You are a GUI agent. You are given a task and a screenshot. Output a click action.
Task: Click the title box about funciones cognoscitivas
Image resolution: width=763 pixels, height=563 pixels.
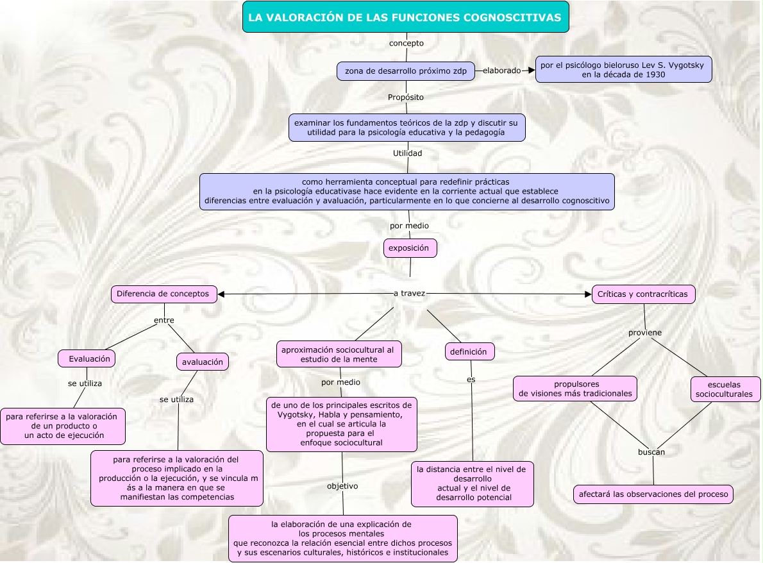[405, 17]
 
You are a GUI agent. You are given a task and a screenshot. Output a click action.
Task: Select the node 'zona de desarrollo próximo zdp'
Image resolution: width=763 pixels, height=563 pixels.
[405, 71]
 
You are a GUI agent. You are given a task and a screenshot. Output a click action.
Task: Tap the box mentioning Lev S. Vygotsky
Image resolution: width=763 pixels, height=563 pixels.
[623, 69]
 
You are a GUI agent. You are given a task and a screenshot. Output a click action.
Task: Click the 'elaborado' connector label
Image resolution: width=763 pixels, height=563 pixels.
[501, 71]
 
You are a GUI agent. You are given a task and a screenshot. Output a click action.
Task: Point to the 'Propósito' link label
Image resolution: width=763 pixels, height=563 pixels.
[405, 97]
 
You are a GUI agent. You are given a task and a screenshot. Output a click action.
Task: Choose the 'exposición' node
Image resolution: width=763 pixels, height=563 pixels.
[410, 248]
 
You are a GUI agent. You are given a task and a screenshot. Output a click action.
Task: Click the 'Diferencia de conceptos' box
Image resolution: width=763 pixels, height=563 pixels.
[163, 294]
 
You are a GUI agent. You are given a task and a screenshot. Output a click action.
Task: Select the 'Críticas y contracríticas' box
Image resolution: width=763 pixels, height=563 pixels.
[642, 294]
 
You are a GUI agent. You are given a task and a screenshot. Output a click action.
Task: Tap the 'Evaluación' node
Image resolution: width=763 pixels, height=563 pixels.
[87, 358]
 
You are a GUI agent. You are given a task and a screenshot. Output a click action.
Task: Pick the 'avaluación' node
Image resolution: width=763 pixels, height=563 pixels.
[203, 362]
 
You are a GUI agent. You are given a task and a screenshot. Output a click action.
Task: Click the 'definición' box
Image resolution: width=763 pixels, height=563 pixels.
[470, 351]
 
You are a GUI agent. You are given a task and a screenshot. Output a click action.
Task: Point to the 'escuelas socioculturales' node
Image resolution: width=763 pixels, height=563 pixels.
[725, 389]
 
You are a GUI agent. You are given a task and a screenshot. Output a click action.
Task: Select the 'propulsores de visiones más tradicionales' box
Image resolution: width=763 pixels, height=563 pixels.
[575, 389]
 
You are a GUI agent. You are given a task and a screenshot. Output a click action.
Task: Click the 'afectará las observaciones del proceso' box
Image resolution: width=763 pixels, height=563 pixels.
[653, 494]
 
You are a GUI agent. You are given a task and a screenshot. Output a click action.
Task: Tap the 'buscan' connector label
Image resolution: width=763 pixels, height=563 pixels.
[651, 452]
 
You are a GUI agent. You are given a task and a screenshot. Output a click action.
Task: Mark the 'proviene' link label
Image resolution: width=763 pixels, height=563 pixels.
[645, 333]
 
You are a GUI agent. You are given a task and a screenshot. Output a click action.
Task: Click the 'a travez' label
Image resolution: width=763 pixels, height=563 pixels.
[409, 293]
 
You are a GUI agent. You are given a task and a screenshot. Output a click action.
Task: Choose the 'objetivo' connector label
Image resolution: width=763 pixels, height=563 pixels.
[342, 486]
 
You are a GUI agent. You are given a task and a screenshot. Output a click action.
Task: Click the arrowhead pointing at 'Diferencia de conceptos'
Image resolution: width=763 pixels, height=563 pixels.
[222, 294]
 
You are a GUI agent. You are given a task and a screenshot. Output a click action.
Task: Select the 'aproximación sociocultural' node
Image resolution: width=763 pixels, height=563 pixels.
[339, 354]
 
